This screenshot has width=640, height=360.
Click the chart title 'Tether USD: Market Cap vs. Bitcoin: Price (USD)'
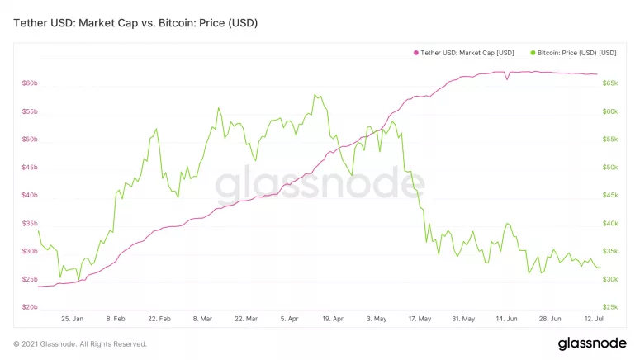(135, 23)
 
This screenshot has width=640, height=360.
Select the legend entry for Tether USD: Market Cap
(467, 53)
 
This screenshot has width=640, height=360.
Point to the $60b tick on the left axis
(30, 83)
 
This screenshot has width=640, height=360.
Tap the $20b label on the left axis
(30, 307)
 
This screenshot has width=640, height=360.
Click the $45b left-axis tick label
(30, 168)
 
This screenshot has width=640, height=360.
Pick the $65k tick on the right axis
(610, 83)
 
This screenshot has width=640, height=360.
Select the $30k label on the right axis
(610, 279)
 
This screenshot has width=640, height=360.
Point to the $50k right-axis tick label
(610, 168)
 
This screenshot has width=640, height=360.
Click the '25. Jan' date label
(72, 318)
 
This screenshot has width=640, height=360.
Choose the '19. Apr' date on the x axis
(333, 318)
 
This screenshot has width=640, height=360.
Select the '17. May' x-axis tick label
(420, 318)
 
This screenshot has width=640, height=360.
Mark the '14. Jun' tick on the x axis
(507, 318)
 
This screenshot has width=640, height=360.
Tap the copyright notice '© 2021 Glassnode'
(80, 343)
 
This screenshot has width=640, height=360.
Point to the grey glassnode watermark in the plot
(320, 187)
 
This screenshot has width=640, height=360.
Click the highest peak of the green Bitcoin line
(315, 94)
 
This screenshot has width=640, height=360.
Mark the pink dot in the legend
(415, 53)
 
